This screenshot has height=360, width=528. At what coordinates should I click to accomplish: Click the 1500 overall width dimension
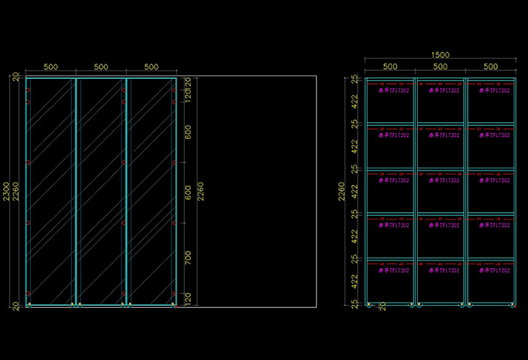441,55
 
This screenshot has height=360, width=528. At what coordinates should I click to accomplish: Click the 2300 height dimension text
7,192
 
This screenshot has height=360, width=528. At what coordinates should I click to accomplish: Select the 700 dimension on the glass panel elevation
189,258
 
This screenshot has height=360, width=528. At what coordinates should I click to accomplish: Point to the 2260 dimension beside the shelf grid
342,192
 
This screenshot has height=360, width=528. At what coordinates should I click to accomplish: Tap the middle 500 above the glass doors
100,66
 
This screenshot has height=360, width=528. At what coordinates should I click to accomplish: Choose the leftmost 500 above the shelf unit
389,66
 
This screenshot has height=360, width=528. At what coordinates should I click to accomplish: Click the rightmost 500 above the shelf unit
490,66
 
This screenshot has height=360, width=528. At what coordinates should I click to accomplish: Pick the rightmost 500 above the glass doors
151,66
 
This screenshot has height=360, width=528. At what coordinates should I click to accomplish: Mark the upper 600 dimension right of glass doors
189,133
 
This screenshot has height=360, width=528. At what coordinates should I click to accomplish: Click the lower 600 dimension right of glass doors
189,192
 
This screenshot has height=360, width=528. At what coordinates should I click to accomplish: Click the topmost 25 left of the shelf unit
354,78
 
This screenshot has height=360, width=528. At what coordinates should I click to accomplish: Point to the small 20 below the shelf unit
382,306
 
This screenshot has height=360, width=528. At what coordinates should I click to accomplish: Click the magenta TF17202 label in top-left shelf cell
393,91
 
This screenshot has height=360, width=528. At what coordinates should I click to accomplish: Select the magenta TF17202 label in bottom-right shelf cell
495,269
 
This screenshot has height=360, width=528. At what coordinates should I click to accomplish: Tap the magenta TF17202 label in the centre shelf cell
444,180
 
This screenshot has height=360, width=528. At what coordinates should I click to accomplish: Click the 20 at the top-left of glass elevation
16,76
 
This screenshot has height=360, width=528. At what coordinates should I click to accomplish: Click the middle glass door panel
100,192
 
